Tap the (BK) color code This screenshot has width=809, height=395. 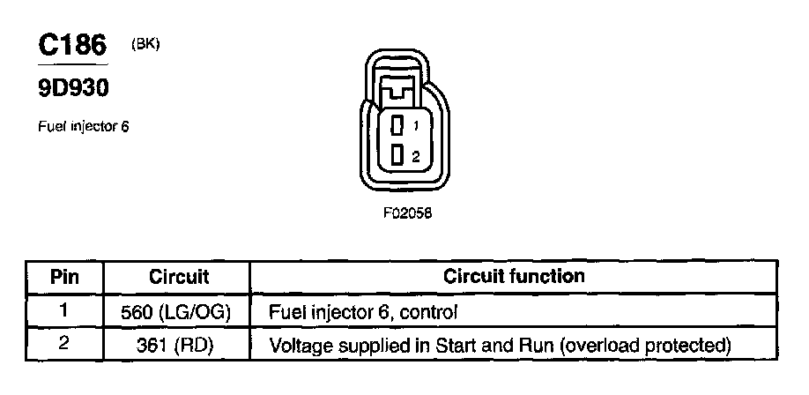pyautogui.click(x=145, y=44)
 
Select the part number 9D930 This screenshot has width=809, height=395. pyautogui.click(x=73, y=90)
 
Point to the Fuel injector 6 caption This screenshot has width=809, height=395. pyautogui.click(x=83, y=126)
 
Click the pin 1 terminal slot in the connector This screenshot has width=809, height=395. pyautogui.click(x=397, y=125)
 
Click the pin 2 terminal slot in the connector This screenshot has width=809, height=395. pyautogui.click(x=397, y=156)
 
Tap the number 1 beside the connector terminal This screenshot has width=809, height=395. pyautogui.click(x=415, y=126)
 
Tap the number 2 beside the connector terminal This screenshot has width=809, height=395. pyautogui.click(x=415, y=156)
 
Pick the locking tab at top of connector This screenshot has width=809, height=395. pyautogui.click(x=400, y=90)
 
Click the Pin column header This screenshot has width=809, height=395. pyautogui.click(x=63, y=277)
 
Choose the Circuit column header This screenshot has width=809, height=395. pyautogui.click(x=178, y=277)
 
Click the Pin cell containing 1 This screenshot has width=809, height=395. pyautogui.click(x=63, y=310)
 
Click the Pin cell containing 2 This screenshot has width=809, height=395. pyautogui.click(x=63, y=343)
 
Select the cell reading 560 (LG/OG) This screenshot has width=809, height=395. pyautogui.click(x=178, y=311)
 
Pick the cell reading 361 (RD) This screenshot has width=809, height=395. pyautogui.click(x=178, y=344)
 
